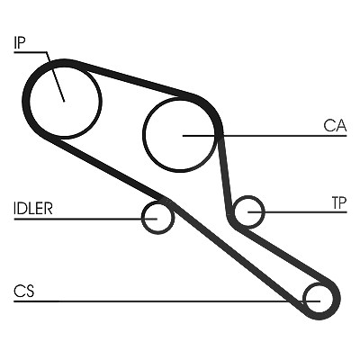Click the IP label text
click(x=20, y=42)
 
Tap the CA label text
click(x=335, y=126)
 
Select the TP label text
click(x=339, y=202)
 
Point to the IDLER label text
click(x=33, y=208)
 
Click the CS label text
click(x=24, y=291)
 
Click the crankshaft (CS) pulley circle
click(x=318, y=285)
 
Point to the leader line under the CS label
click(x=167, y=301)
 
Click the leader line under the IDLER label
click(x=85, y=219)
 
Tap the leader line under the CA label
click(x=265, y=136)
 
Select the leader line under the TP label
click(x=297, y=212)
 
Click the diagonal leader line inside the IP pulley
click(x=56, y=76)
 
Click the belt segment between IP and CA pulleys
click(x=132, y=78)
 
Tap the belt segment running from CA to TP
click(x=225, y=174)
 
